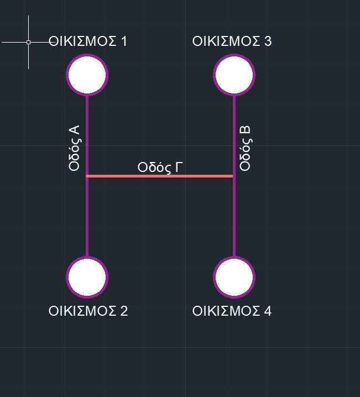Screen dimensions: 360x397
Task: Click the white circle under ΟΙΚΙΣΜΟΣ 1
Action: [87, 75]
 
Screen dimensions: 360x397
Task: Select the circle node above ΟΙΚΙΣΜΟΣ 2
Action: [87, 277]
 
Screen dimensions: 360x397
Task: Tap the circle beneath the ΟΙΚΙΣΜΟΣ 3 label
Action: [234, 75]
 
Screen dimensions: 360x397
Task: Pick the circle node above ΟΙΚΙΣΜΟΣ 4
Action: [234, 277]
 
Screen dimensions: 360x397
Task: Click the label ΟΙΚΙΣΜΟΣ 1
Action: [87, 41]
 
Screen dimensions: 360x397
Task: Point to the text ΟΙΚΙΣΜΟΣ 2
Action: [88, 311]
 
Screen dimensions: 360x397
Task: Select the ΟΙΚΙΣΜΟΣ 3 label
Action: [232, 41]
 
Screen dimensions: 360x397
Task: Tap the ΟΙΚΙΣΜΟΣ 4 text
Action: [232, 311]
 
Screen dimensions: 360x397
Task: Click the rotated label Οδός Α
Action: [74, 148]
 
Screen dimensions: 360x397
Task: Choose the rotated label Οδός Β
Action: [245, 148]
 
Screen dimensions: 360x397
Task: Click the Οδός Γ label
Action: [160, 168]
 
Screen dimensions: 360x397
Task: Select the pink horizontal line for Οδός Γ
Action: [159, 176]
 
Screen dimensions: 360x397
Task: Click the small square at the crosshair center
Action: [28, 42]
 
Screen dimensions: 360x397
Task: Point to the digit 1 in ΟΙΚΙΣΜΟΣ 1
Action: [124, 41]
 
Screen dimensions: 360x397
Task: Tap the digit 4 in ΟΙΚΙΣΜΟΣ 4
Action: [268, 311]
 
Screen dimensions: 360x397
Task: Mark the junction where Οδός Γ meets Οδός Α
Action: [87, 176]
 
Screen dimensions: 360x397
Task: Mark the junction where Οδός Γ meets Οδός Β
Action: [234, 176]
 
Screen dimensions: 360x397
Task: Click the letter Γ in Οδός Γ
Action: [179, 167]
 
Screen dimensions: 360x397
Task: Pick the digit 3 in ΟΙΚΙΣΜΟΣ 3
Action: [268, 41]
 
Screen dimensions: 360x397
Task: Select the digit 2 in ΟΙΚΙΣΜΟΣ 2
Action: [124, 311]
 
